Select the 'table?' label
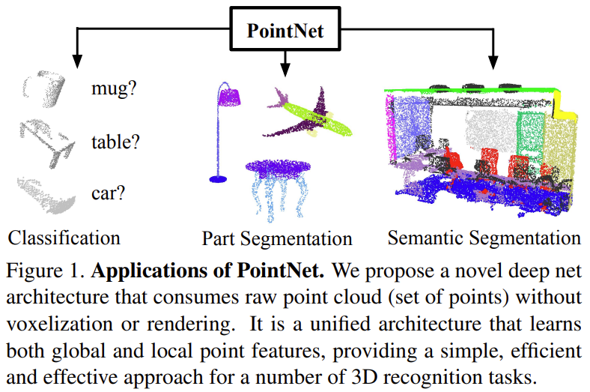(116, 140)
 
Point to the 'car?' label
(108, 192)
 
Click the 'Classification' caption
(64, 238)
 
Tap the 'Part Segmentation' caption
(277, 239)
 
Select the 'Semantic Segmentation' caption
(484, 238)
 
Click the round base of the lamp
(219, 178)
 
